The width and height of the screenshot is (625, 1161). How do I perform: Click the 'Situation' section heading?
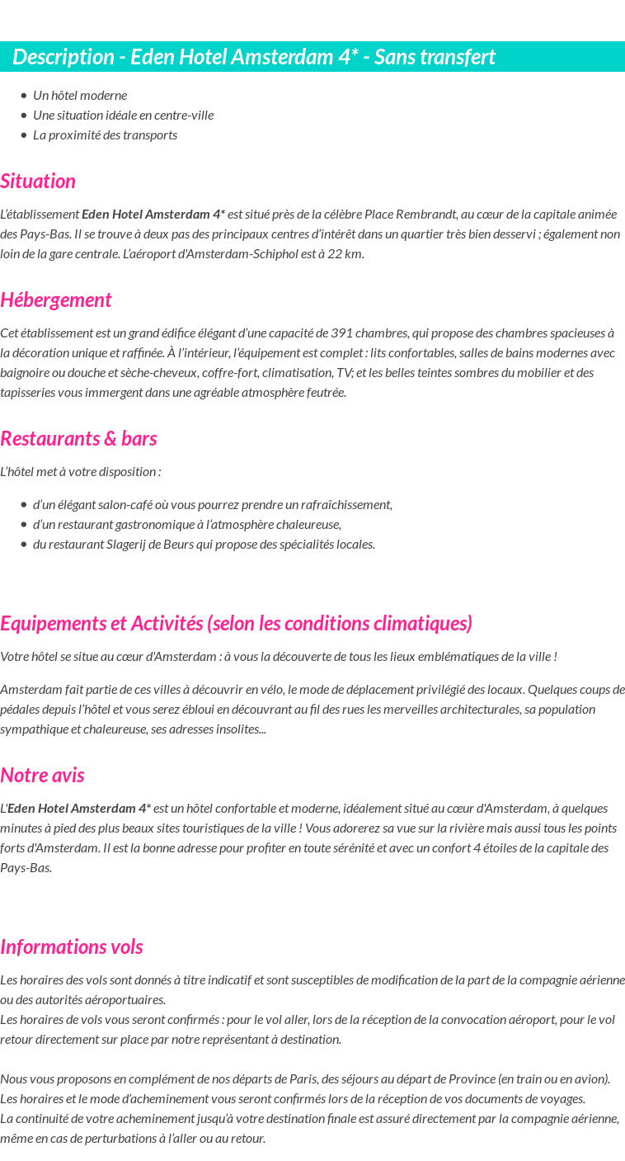click(x=38, y=181)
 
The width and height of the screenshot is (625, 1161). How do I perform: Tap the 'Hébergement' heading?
click(x=56, y=300)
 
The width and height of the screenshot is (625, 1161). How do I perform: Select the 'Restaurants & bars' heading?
click(x=78, y=438)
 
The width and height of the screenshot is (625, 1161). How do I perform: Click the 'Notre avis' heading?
click(x=42, y=775)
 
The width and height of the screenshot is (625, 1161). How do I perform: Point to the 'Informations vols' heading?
click(x=72, y=946)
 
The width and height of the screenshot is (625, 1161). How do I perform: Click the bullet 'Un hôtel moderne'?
click(x=80, y=95)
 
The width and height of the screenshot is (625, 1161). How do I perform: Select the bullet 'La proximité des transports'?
click(x=105, y=135)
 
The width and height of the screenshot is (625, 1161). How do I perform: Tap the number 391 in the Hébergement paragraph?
click(x=341, y=333)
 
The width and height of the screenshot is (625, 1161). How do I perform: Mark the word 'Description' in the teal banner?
click(x=63, y=57)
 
